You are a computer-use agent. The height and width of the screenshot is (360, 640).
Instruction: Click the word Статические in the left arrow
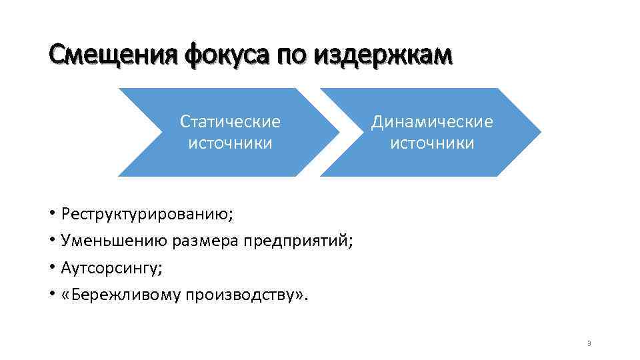coord(230,121)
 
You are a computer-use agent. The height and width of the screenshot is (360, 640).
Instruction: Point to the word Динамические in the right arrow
coord(432,121)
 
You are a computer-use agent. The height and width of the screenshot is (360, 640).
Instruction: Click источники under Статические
coord(230,143)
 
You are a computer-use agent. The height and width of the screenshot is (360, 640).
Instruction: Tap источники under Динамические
coord(432,143)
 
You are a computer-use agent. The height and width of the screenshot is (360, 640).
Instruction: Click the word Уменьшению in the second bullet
coord(115,241)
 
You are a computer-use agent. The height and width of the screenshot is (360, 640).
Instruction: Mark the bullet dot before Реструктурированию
coord(51,214)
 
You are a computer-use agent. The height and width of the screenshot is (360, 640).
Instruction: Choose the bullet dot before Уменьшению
coord(51,241)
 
